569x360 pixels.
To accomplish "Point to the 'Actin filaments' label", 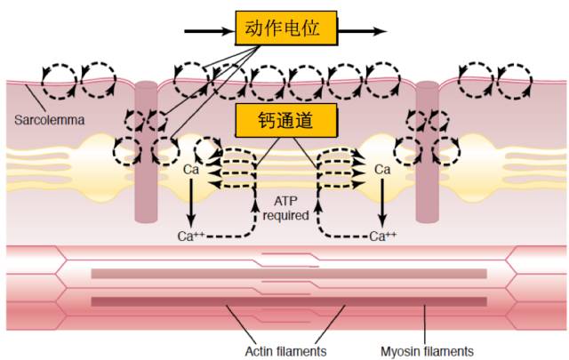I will [285, 350].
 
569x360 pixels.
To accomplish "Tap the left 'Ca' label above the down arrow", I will [190, 169].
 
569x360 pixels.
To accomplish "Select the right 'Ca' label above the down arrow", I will [382, 169].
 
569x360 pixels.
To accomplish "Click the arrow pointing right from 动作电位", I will [365, 31].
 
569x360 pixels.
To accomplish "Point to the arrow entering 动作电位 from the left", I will [210, 31].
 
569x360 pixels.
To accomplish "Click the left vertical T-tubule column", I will [146, 151].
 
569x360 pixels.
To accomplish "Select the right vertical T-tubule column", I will [427, 151].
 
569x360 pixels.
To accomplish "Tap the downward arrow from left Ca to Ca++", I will [190, 203].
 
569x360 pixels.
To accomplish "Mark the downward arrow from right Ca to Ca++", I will [382, 203].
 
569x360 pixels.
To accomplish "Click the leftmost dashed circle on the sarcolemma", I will [60, 80].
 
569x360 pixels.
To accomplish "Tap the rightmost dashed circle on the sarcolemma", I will [513, 81].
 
